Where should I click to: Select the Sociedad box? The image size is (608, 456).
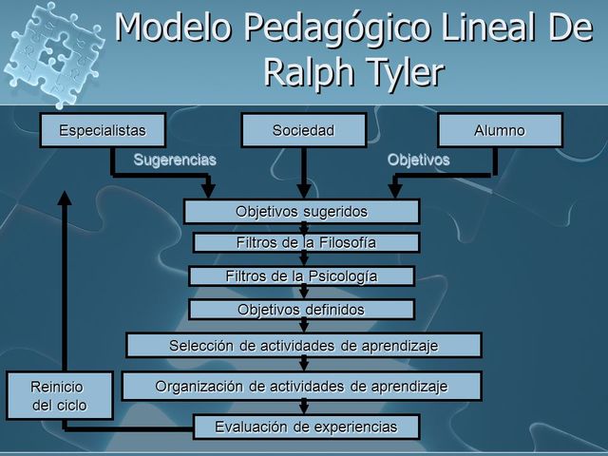303,130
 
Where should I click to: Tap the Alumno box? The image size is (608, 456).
500,130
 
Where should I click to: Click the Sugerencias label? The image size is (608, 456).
174,160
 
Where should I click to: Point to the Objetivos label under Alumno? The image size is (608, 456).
418,160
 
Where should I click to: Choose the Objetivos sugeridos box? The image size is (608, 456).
301,211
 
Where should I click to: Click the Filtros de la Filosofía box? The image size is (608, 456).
306,243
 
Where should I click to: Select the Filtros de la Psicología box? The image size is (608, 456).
301,276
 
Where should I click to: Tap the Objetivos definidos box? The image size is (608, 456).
301,310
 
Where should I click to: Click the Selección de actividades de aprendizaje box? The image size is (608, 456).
303,345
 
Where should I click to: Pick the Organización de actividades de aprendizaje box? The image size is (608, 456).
303,386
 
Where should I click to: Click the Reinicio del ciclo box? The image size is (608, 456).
61,396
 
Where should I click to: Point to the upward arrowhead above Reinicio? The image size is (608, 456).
65,198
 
